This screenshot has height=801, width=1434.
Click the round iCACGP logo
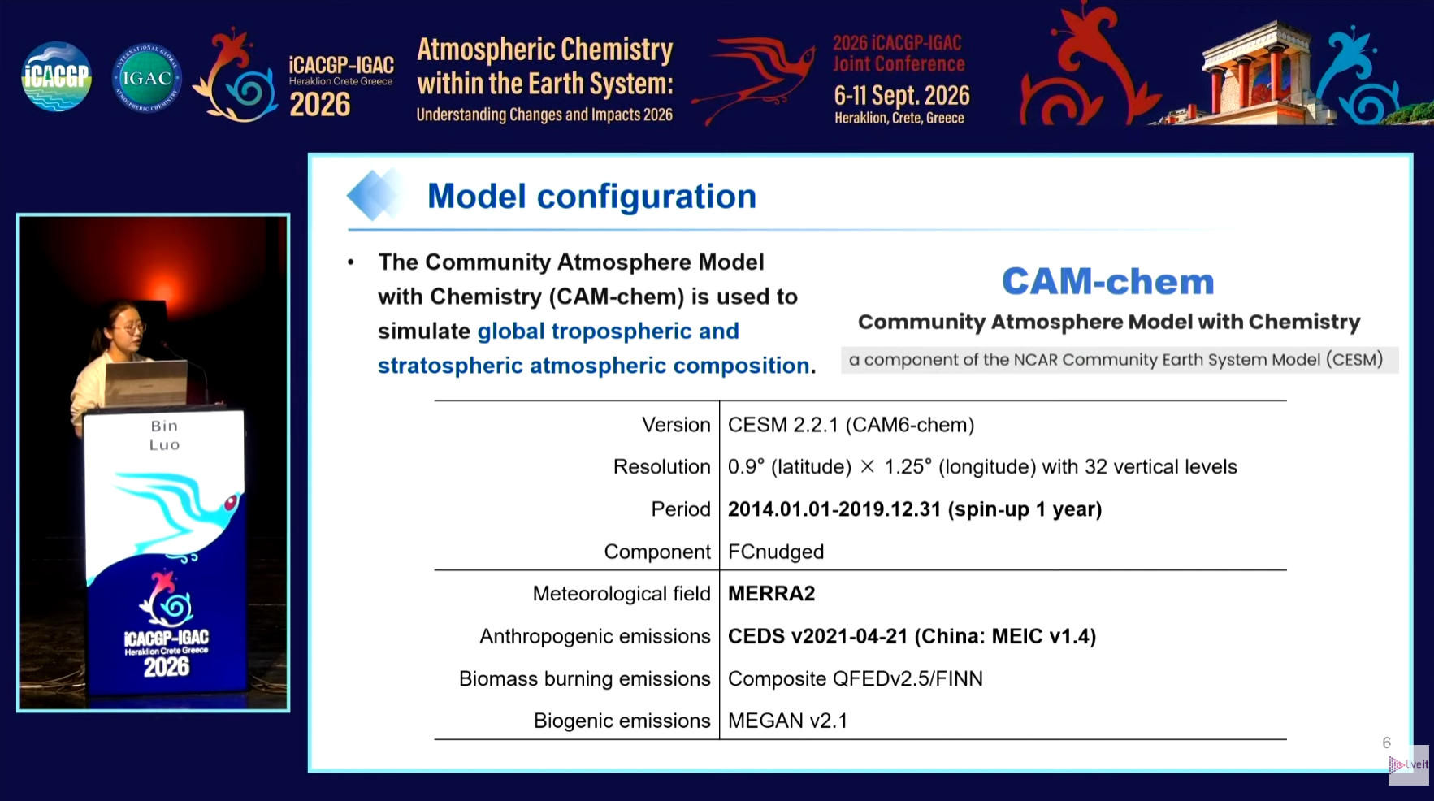[56, 77]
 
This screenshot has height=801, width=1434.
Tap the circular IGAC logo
[146, 77]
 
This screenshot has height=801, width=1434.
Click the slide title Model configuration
[591, 197]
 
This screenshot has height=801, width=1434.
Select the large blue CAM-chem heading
[1107, 282]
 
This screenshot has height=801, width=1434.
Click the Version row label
[676, 425]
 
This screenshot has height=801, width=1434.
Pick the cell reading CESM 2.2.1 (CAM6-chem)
[851, 425]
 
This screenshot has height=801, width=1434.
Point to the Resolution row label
[661, 467]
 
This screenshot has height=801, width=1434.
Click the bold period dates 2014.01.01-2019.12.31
[834, 509]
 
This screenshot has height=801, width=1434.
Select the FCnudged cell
[776, 552]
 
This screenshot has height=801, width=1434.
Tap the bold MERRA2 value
[771, 594]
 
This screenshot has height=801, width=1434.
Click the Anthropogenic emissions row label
[595, 636]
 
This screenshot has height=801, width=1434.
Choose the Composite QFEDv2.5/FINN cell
[856, 678]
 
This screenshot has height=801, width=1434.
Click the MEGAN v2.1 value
[787, 721]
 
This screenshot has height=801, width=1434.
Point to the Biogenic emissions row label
[622, 721]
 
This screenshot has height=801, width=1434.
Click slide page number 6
[1387, 743]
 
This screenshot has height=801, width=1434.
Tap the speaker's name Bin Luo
[164, 435]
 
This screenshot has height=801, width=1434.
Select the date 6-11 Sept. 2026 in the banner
[902, 96]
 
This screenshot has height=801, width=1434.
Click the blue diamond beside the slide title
[373, 195]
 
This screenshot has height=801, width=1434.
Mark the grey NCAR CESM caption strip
[1120, 360]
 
